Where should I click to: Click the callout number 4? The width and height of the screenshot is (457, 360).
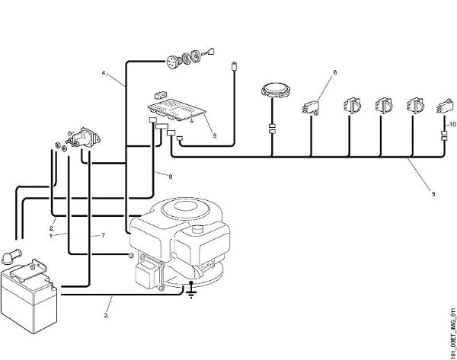click(104, 73)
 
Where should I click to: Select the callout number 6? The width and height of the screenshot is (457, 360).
click(335, 72)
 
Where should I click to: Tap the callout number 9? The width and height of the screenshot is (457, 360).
click(215, 135)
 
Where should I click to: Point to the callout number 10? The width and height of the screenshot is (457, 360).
click(452, 124)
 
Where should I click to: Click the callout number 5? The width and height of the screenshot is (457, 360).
click(433, 193)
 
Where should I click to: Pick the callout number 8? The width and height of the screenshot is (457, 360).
click(171, 177)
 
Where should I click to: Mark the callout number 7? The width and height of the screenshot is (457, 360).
click(103, 235)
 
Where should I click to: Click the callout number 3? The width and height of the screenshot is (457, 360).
click(106, 315)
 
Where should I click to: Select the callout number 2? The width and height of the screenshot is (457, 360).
click(51, 228)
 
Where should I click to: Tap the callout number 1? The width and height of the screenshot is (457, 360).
click(51, 236)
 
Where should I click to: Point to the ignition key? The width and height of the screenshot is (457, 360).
click(210, 52)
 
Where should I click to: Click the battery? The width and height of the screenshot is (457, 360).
click(29, 295)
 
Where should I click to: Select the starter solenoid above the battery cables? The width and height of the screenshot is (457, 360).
click(84, 139)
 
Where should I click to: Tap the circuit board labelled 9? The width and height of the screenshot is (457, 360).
click(177, 110)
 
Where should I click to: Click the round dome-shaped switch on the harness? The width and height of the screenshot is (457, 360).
click(276, 89)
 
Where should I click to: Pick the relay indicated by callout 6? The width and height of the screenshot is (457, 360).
click(310, 107)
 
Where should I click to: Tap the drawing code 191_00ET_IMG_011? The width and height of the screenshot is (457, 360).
click(452, 333)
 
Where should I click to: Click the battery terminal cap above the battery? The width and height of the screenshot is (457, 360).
click(11, 256)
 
